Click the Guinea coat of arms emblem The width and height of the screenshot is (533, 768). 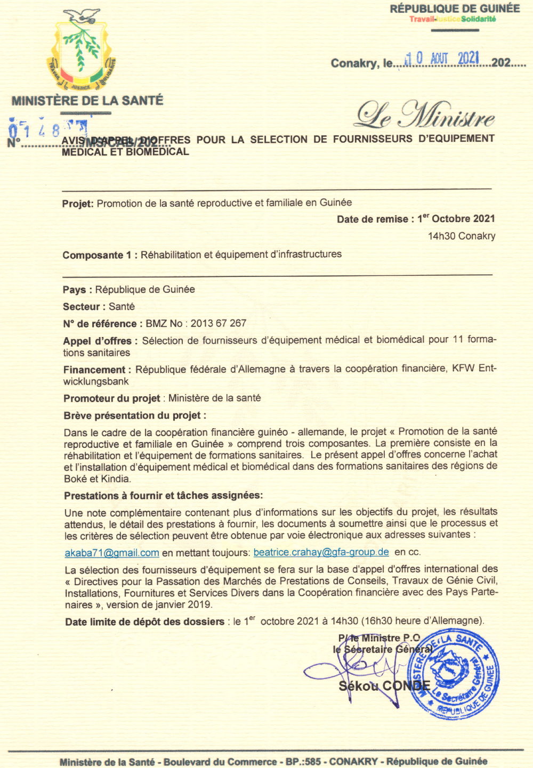point(83,51)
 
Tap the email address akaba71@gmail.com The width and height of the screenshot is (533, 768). point(112,553)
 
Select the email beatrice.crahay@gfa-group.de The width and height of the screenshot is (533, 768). point(321,552)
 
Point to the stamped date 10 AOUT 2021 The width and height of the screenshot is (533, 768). point(442,59)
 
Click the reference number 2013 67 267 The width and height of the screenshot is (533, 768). point(219,323)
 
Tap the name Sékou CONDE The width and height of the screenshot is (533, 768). point(384,686)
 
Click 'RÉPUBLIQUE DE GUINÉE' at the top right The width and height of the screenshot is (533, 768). point(455,9)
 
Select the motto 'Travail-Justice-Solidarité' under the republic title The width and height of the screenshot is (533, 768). point(453,20)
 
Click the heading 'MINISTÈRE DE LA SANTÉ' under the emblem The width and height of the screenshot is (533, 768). point(87,100)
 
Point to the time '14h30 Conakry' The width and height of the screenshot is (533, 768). point(462,236)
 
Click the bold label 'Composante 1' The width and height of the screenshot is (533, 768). point(96,255)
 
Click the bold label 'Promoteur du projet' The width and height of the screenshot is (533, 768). point(112,398)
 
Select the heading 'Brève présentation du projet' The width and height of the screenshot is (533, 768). point(134,415)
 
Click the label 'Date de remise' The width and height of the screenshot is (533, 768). point(373,219)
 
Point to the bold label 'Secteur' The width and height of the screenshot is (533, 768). point(82,307)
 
